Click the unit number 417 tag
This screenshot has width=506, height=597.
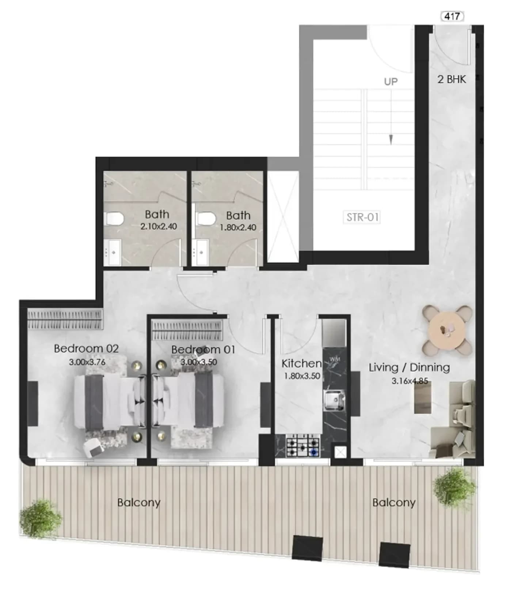pyautogui.click(x=452, y=16)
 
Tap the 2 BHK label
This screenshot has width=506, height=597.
pyautogui.click(x=452, y=79)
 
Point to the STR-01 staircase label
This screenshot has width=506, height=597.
pyautogui.click(x=362, y=217)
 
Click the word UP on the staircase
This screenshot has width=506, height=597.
pyautogui.click(x=391, y=82)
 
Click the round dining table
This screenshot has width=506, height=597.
pyautogui.click(x=447, y=330)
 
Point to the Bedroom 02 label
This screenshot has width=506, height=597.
pyautogui.click(x=86, y=348)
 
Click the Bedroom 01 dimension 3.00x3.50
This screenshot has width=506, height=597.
pyautogui.click(x=199, y=362)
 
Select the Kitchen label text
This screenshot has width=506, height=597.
pyautogui.click(x=301, y=363)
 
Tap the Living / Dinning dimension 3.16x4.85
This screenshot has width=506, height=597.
pyautogui.click(x=410, y=381)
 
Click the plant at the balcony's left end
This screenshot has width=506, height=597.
pyautogui.click(x=40, y=518)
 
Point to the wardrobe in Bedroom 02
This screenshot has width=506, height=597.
pyautogui.click(x=65, y=319)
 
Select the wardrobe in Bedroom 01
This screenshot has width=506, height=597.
pyautogui.click(x=187, y=330)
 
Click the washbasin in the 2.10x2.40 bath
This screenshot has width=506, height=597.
pyautogui.click(x=113, y=252)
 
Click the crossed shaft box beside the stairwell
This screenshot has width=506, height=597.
pyautogui.click(x=283, y=216)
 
